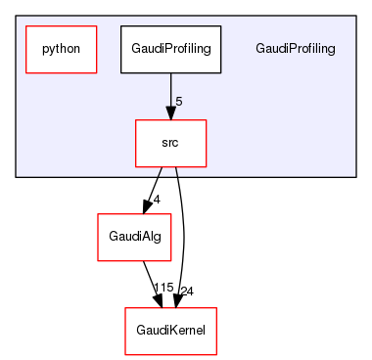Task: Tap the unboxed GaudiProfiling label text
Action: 295,49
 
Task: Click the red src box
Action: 170,142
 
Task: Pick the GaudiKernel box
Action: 170,331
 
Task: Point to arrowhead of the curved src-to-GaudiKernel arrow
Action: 176,299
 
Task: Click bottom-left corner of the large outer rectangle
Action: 16,177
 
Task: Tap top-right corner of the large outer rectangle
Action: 355,15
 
